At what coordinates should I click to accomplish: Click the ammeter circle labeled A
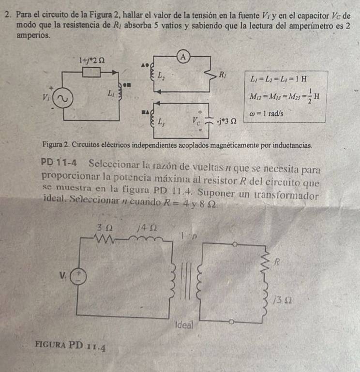coord(183,57)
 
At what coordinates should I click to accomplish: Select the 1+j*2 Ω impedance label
coord(92,61)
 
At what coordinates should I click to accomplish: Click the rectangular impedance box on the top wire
coord(91,72)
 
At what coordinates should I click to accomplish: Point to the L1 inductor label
coord(111,93)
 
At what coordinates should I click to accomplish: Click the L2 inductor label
coord(162,76)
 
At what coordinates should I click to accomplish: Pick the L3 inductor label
coord(161,122)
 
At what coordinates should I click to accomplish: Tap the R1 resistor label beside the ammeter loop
coord(222,75)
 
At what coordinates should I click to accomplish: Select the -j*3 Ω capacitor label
coord(226,122)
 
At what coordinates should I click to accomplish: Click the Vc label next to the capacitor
coord(196,121)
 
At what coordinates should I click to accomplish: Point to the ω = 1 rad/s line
coord(266,114)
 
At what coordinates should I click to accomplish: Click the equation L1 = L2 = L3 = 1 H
coord(278,79)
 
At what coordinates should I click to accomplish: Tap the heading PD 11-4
coord(59,163)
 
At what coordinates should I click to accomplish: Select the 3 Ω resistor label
coord(105,228)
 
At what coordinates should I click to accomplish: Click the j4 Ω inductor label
coord(147,228)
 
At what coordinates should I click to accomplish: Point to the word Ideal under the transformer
coord(184,325)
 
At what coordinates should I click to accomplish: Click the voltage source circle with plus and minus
coord(78,277)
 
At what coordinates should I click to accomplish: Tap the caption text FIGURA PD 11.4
coord(70,346)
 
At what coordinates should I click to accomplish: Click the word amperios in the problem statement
coord(33,35)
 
